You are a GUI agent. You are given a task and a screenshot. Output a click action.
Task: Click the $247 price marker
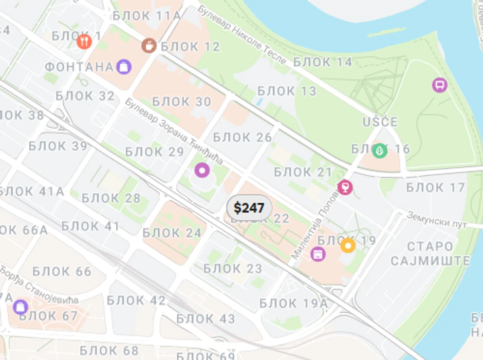[249, 208]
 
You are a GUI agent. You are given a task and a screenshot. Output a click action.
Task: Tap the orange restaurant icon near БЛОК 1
[84, 41]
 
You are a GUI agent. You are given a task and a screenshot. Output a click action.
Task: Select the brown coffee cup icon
[149, 46]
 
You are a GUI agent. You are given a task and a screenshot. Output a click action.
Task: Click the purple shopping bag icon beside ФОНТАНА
[123, 66]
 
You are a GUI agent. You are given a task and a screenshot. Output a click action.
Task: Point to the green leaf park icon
[379, 150]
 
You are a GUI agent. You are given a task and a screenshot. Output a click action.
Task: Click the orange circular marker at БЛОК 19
[348, 245]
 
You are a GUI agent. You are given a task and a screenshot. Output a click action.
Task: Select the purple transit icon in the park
[439, 85]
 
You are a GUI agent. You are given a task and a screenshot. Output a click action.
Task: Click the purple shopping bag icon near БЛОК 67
[21, 307]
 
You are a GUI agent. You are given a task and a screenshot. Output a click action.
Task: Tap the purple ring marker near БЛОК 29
[202, 170]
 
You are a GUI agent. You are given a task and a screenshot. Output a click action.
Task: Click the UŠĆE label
[380, 122]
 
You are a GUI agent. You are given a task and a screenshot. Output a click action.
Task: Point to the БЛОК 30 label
[182, 102]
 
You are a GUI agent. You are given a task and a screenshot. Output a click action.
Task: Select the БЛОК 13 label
[287, 91]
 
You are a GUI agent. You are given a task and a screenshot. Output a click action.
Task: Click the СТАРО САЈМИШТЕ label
[430, 253]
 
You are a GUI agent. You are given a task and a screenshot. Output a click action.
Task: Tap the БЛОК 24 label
[172, 233]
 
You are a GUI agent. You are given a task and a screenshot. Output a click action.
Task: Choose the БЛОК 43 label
[206, 319]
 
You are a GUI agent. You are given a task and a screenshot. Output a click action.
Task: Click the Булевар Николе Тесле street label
[242, 36]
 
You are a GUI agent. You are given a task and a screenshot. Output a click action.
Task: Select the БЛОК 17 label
[435, 187]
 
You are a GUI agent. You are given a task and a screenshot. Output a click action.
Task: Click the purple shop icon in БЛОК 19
[319, 253]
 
